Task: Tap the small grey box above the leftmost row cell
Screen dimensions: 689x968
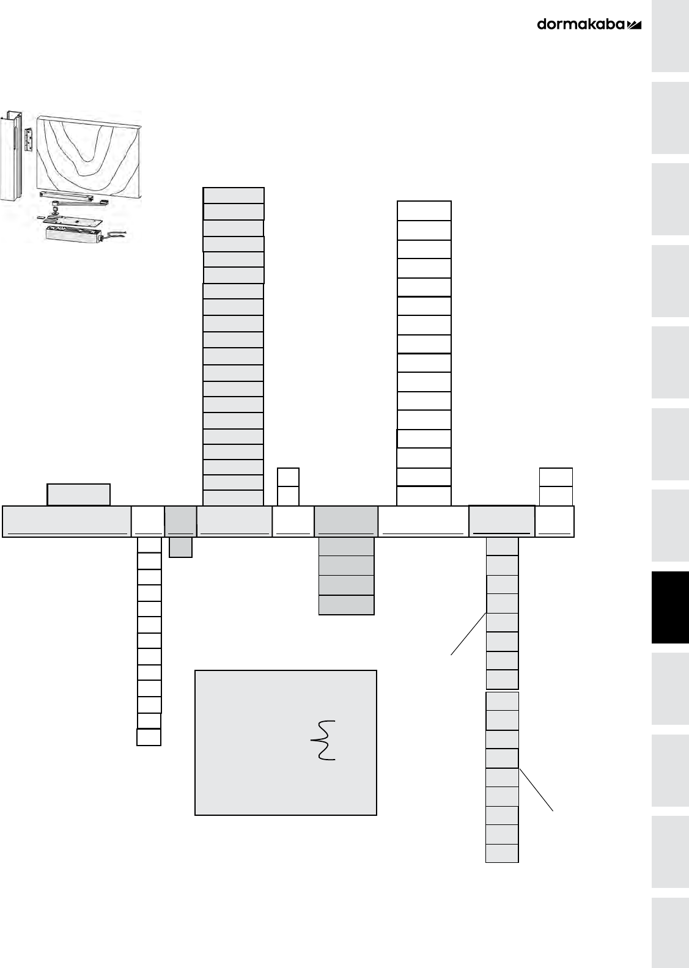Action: tap(79, 494)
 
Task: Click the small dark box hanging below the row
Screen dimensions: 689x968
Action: tap(180, 547)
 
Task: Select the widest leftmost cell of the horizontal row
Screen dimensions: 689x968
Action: tap(67, 521)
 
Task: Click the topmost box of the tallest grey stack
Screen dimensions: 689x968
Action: tap(234, 196)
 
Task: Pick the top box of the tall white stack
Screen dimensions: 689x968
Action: tap(424, 210)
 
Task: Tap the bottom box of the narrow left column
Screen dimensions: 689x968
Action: tap(149, 737)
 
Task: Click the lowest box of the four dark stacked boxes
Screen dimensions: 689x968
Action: tap(346, 605)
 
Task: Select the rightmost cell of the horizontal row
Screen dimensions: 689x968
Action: tap(555, 521)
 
